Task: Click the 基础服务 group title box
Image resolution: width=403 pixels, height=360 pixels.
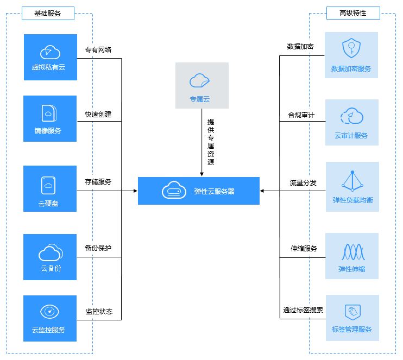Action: [x=48, y=14]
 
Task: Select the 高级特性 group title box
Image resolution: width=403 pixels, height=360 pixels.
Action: [x=353, y=13]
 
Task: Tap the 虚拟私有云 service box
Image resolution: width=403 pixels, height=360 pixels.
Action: [x=51, y=58]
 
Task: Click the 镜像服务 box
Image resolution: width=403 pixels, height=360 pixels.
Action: [x=50, y=118]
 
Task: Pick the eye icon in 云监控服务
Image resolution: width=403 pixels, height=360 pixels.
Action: [x=49, y=312]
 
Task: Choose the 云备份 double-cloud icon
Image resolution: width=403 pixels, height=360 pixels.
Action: [x=51, y=252]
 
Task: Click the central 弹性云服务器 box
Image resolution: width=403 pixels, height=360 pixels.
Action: [x=199, y=191]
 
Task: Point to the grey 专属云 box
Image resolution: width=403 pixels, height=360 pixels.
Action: [x=201, y=85]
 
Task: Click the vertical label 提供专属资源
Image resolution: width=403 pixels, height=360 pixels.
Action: [x=211, y=142]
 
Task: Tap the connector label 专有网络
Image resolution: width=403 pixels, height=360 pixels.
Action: [x=98, y=49]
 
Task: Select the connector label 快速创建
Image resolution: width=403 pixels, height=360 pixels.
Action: [x=98, y=114]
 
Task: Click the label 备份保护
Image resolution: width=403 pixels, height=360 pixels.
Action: [x=98, y=248]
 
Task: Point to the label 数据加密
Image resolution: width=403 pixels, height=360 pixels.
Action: [x=300, y=47]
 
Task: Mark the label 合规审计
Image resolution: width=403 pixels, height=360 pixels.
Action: [x=301, y=115]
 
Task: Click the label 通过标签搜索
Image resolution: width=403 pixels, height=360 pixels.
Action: [x=303, y=310]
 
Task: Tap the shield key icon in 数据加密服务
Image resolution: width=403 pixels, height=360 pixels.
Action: [x=351, y=48]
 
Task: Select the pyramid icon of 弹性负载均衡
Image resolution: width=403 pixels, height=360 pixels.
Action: [x=352, y=181]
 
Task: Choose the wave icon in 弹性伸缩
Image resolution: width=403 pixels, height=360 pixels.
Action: [x=353, y=252]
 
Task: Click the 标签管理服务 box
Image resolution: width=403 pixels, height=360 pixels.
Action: [x=352, y=318]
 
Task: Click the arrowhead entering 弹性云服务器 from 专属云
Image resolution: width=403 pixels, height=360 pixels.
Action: [x=201, y=174]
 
